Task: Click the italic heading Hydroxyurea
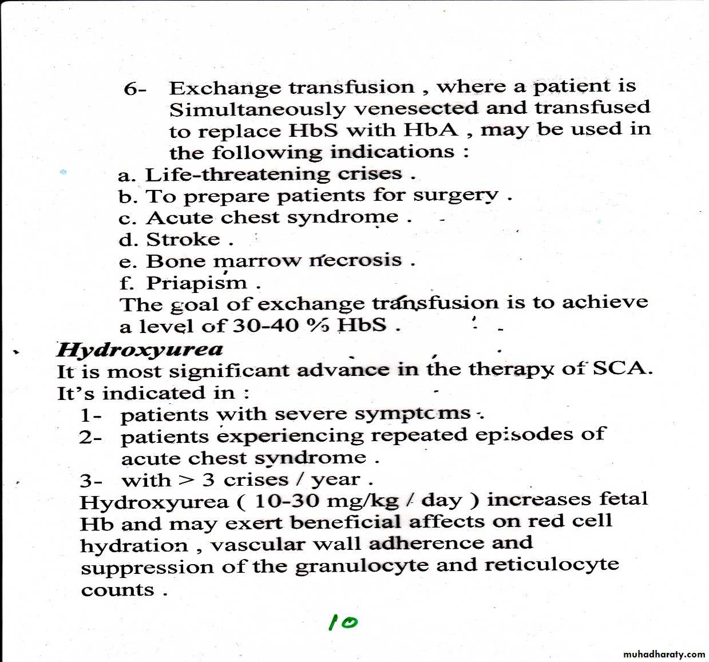click(140, 349)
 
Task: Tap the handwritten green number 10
click(343, 622)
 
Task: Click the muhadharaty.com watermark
click(664, 654)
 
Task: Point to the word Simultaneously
click(258, 109)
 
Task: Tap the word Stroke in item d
click(183, 239)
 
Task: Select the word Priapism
click(197, 283)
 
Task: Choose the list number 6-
click(135, 89)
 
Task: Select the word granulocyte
click(362, 566)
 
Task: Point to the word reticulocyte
click(552, 564)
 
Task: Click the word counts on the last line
click(118, 590)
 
